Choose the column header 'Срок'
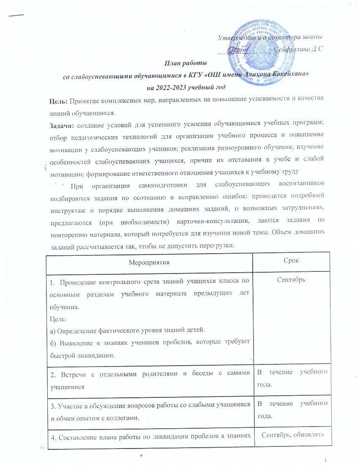click(292, 261)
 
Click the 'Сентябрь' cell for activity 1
click(292, 280)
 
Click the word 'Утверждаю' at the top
click(235, 38)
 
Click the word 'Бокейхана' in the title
click(278, 76)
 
